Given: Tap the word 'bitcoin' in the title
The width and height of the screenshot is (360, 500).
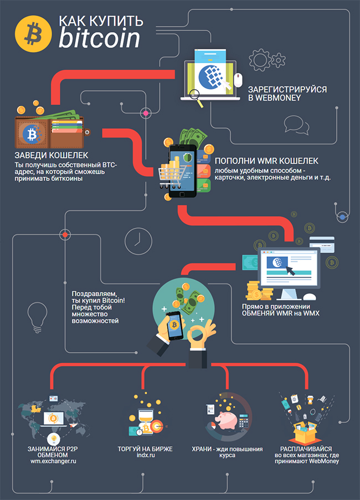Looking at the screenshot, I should (x=100, y=38).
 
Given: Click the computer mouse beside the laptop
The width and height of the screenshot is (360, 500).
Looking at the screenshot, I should (x=238, y=79).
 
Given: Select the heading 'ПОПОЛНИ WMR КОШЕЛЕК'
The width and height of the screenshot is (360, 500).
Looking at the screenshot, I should (x=266, y=161).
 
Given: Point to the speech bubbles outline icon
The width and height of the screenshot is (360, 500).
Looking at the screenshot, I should (x=296, y=125).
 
